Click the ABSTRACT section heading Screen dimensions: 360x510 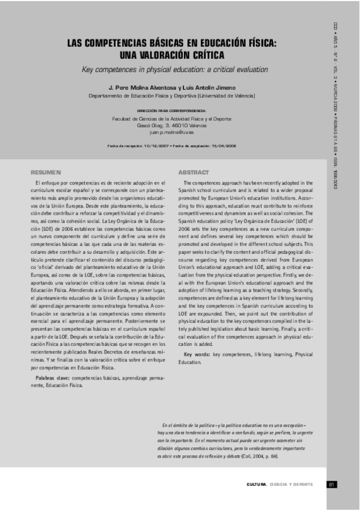pyautogui.click(x=194, y=172)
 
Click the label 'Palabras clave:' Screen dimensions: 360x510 pyautogui.click(x=51, y=378)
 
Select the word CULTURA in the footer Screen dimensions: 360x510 pyautogui.click(x=257, y=485)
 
